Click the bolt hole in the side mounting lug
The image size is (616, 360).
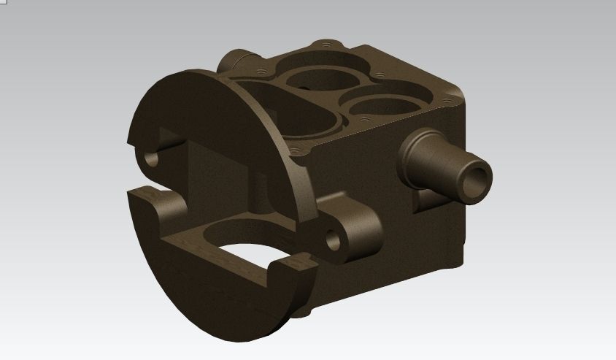point(334,239)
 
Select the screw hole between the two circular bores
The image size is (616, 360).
point(380,74)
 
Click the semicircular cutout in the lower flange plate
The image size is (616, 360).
point(234,245)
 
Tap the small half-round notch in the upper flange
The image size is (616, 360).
point(152,158)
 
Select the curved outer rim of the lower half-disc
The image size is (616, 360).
point(219,321)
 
